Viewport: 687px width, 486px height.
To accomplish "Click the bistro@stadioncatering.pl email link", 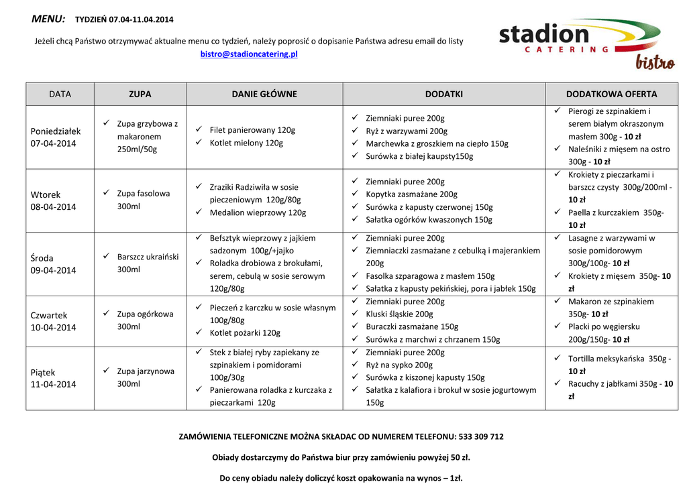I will click(249, 54).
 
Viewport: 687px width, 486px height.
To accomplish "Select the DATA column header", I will click(60, 95).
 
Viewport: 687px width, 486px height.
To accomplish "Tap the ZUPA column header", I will click(140, 95).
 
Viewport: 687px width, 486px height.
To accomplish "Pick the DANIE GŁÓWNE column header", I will click(264, 95).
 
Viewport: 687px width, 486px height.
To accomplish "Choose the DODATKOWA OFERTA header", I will click(611, 95).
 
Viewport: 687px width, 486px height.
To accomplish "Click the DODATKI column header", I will click(443, 95).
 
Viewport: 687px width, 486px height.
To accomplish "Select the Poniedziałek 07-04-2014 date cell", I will click(56, 137).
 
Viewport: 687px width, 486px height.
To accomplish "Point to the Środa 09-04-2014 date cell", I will click(54, 263).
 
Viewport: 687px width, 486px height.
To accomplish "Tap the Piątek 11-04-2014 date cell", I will click(54, 378).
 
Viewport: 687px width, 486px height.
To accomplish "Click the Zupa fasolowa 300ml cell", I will click(143, 200).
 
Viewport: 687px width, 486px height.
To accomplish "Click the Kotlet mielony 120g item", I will click(246, 143).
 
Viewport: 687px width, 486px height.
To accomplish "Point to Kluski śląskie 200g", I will click(399, 314).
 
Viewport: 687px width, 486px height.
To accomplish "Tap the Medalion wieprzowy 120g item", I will click(258, 212).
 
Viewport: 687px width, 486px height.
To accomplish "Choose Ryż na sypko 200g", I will click(399, 365).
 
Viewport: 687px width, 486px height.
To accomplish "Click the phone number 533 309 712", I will click(481, 436).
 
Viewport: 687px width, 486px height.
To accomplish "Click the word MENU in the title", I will click(48, 19).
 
